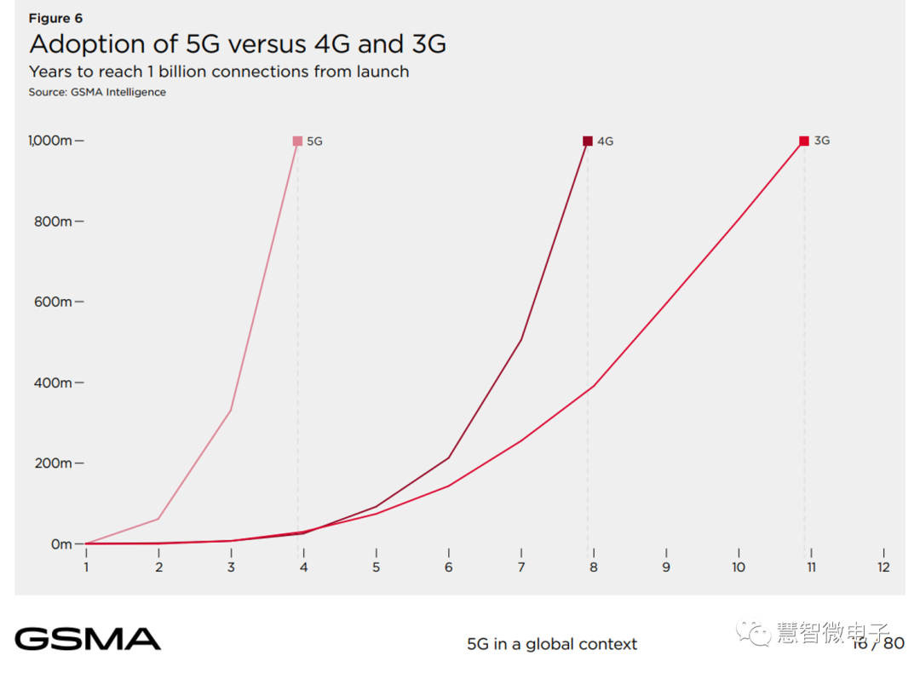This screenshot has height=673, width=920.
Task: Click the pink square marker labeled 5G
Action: click(x=297, y=141)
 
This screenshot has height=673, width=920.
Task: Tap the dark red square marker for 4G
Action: click(x=588, y=141)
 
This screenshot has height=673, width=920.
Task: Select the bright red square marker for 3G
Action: click(x=804, y=141)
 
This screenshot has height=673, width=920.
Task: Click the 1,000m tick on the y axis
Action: click(x=49, y=141)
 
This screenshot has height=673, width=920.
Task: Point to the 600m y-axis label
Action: click(x=54, y=302)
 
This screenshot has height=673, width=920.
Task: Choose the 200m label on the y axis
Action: click(x=54, y=463)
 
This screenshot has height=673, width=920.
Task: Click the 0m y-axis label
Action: click(x=61, y=544)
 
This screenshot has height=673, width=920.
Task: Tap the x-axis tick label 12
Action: click(x=883, y=567)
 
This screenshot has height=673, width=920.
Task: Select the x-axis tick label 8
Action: click(x=594, y=567)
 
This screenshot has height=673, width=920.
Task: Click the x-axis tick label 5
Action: click(x=376, y=567)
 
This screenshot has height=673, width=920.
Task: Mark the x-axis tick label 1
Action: click(x=86, y=567)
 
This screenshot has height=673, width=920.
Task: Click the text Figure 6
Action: click(x=55, y=18)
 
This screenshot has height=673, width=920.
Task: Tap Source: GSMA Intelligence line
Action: click(x=97, y=92)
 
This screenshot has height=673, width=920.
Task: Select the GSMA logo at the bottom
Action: click(x=88, y=639)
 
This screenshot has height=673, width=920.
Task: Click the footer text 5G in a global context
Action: click(x=551, y=644)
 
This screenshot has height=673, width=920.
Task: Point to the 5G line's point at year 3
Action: click(x=231, y=410)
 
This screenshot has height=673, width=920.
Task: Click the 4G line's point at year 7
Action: click(x=520, y=340)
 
